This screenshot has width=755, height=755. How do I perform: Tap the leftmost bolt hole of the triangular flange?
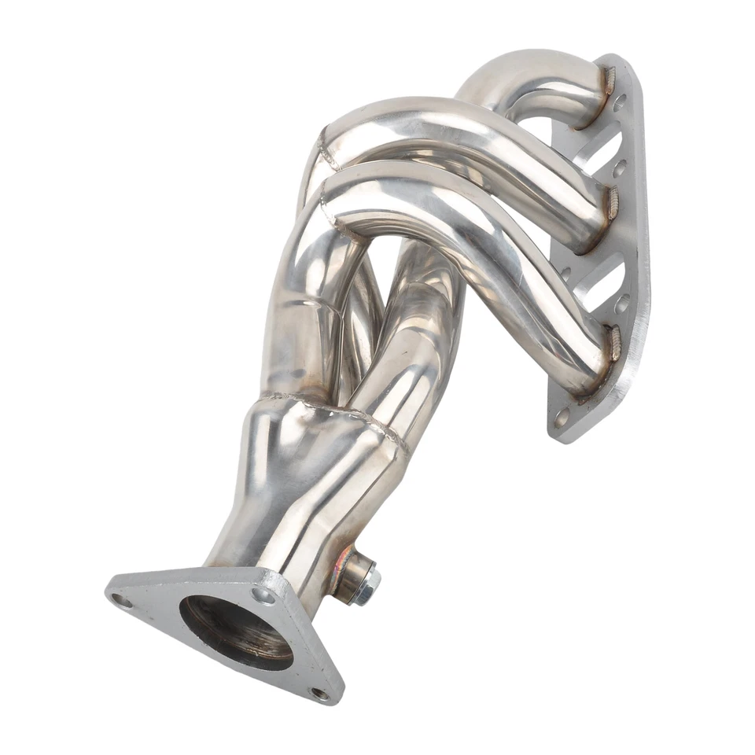click(x=123, y=601)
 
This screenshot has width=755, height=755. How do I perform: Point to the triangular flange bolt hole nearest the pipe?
click(x=265, y=595)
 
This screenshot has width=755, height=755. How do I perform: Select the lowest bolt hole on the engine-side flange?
click(x=562, y=417)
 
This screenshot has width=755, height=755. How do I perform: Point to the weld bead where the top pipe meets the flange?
click(x=608, y=81)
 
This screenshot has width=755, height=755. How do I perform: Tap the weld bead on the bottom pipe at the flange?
click(x=613, y=344)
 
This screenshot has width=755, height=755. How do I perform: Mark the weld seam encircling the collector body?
click(x=338, y=409)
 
